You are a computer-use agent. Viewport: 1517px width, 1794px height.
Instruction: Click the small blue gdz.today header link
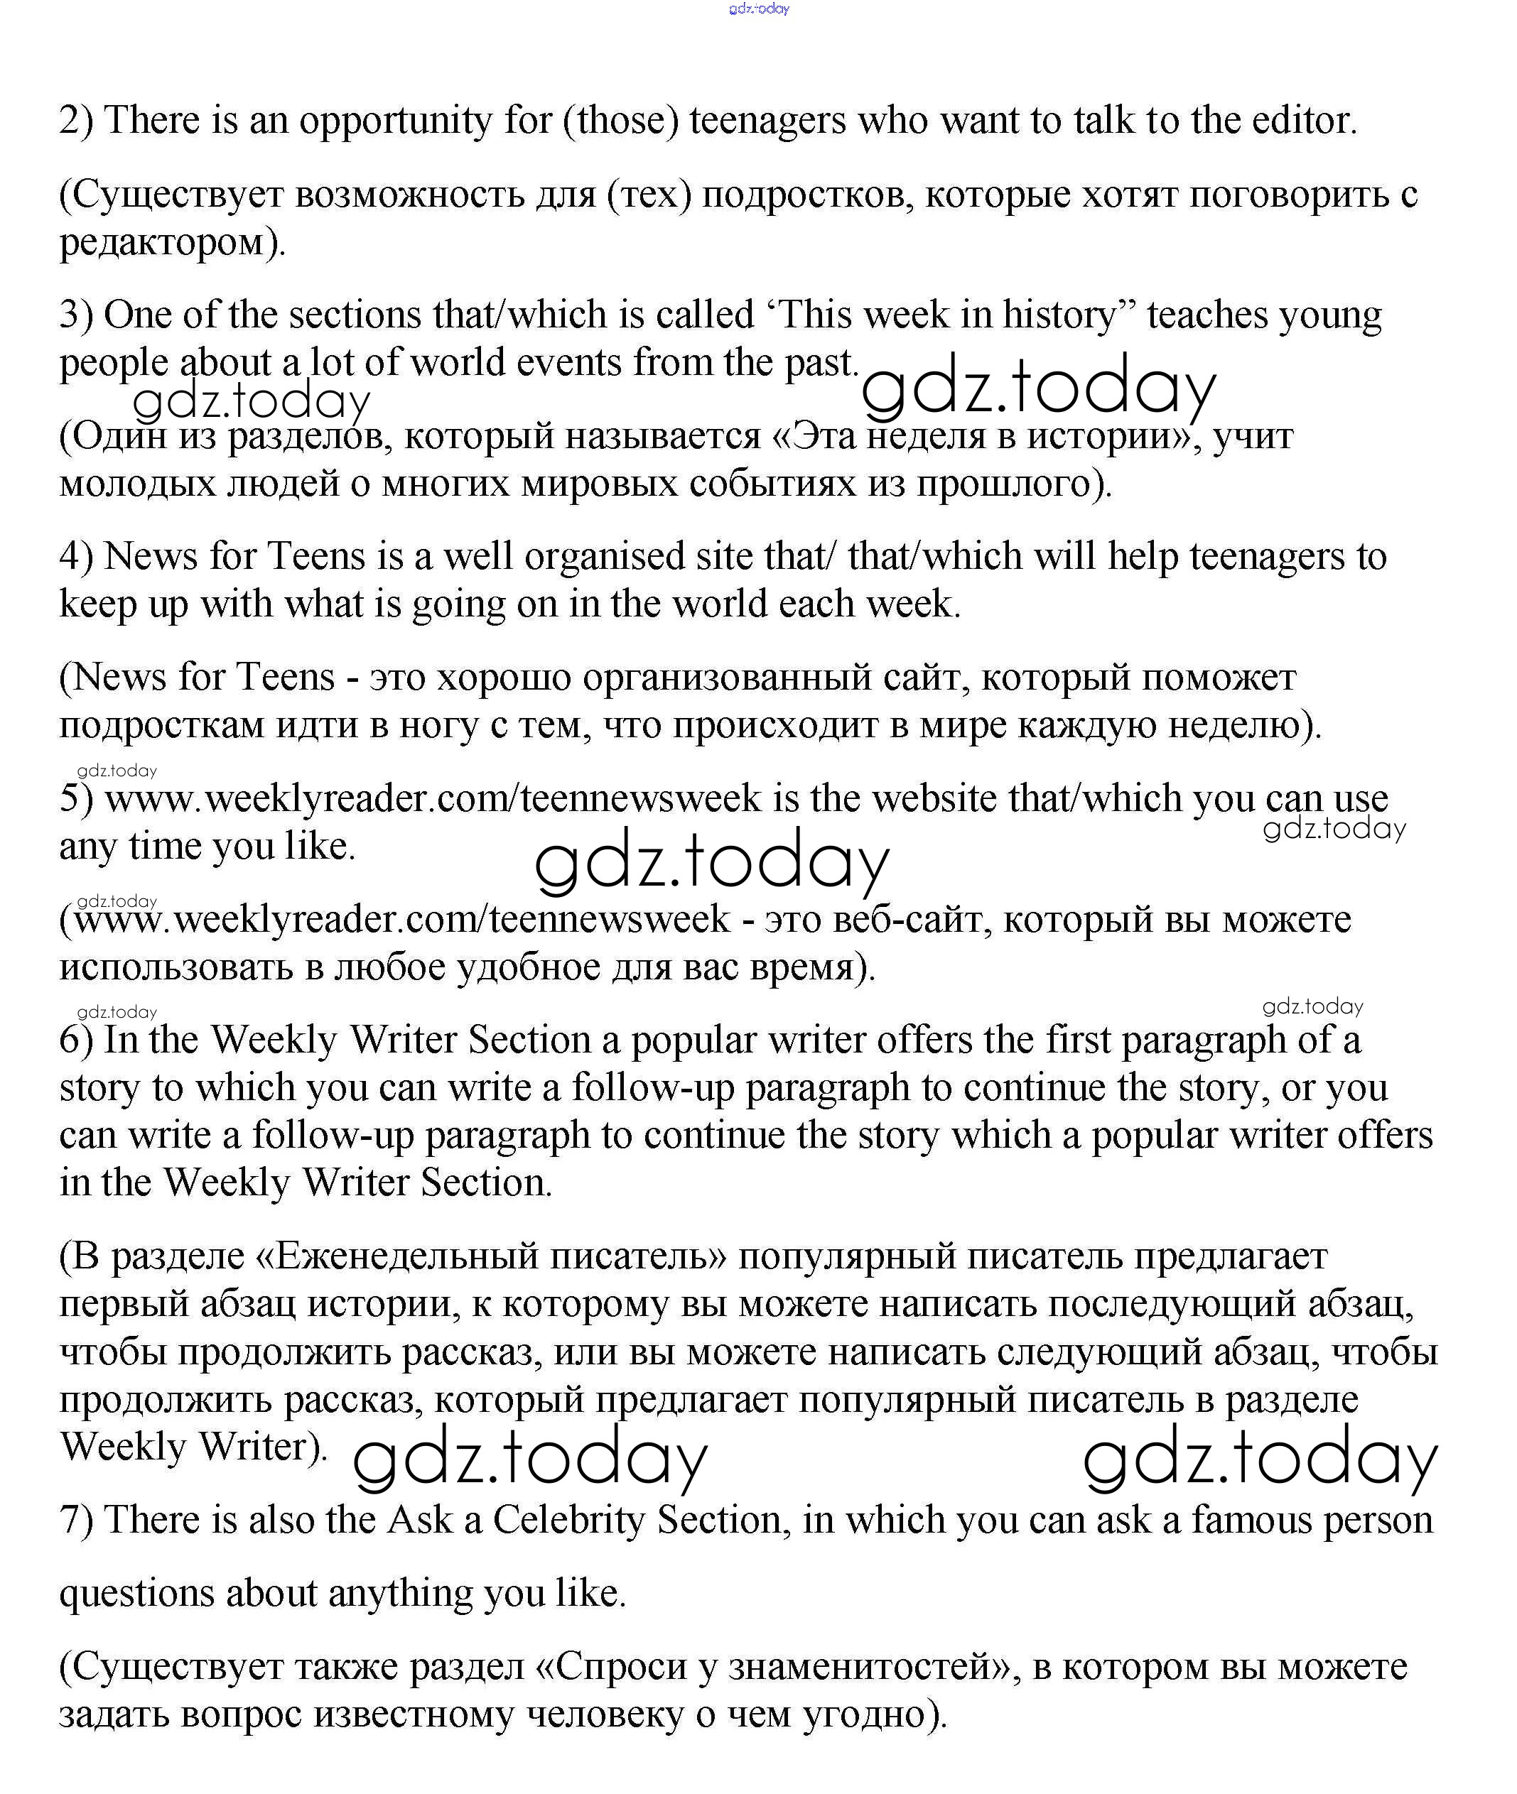click(759, 9)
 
